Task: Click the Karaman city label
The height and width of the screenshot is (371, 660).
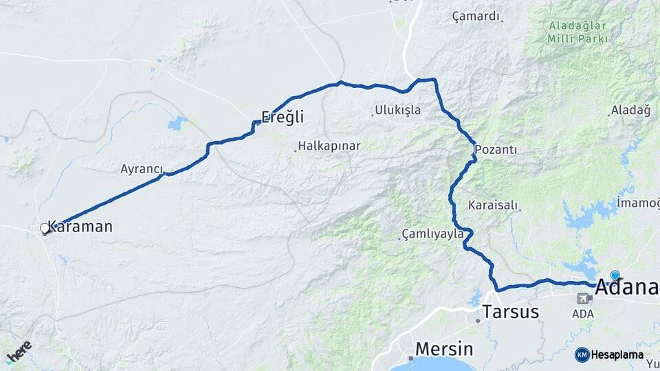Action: (80, 227)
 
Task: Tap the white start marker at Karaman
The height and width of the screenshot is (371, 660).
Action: (45, 228)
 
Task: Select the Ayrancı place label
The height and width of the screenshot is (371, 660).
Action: (142, 168)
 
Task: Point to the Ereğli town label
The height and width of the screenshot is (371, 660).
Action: (282, 117)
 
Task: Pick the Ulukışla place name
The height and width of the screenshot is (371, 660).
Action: (398, 110)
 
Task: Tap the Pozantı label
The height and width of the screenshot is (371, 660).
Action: (496, 149)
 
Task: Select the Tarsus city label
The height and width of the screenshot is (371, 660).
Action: (511, 312)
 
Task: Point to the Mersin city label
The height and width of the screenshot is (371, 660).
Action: (443, 348)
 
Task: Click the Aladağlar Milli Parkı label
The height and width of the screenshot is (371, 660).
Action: (577, 32)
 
